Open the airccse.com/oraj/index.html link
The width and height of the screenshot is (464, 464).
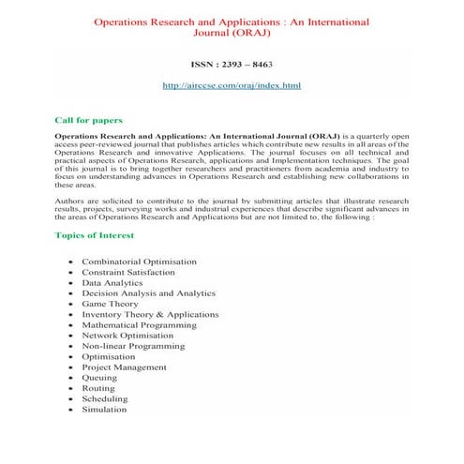(232, 85)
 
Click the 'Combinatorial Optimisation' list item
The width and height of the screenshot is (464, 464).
(139, 261)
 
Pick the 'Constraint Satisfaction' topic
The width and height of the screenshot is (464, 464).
(127, 272)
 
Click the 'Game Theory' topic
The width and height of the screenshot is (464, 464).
(109, 305)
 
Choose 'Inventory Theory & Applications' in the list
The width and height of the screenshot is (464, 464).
(150, 315)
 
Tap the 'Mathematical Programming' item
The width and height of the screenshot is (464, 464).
(139, 325)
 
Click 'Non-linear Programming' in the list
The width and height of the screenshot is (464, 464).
(132, 346)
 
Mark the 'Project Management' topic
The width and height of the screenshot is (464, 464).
(123, 367)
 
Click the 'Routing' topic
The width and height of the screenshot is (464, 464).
(98, 388)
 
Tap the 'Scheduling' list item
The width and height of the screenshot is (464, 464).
(105, 398)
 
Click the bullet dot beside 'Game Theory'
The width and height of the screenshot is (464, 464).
(71, 306)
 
